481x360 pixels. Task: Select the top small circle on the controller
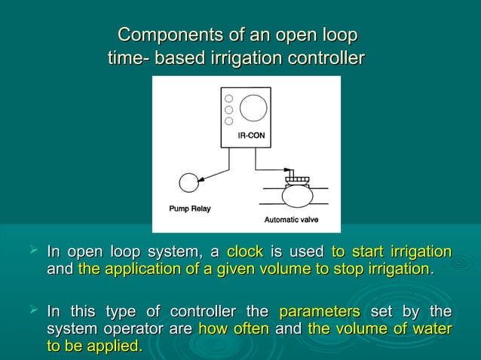click(x=228, y=98)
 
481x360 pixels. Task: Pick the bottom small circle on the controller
click(x=228, y=121)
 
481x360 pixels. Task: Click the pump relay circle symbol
click(x=188, y=182)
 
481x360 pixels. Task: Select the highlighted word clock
click(x=245, y=251)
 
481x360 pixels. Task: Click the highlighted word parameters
click(x=319, y=312)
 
